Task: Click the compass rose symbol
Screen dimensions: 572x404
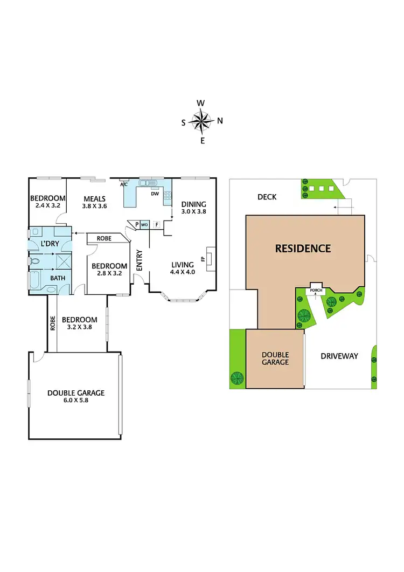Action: pos(202,121)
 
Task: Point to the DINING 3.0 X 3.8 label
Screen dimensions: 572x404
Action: pos(193,208)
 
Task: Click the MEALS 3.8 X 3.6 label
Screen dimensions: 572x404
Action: pos(94,202)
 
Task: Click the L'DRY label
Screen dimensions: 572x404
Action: pos(50,245)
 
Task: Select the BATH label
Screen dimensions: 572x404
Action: pos(58,278)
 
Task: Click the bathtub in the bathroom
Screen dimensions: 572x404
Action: pos(33,282)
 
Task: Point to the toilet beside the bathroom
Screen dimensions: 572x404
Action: pos(36,261)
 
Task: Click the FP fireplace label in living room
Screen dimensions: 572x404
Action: pos(203,258)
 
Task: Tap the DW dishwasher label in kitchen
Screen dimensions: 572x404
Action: pos(154,194)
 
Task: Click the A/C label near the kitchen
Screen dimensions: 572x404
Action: pos(123,184)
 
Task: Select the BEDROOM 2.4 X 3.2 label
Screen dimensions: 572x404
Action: pos(47,202)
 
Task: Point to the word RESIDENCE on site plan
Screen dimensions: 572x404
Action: pos(303,249)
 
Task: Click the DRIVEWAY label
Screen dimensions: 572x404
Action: pos(339,356)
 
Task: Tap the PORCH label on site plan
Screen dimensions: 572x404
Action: pos(315,291)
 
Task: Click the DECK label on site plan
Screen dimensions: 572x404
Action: pos(267,197)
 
